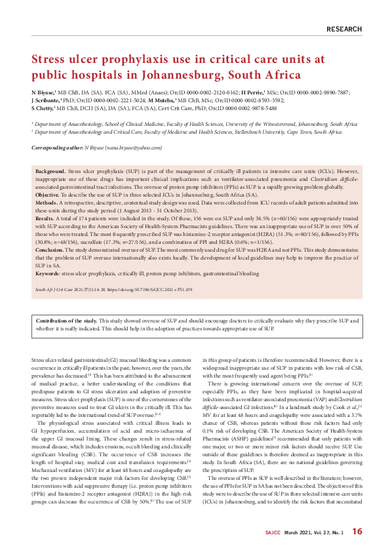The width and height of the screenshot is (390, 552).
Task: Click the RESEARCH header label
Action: (343, 30)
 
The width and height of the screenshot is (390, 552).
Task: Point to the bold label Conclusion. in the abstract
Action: (50, 251)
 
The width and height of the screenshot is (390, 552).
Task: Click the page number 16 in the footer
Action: (357, 531)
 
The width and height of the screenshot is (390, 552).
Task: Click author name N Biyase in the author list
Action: (43, 94)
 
